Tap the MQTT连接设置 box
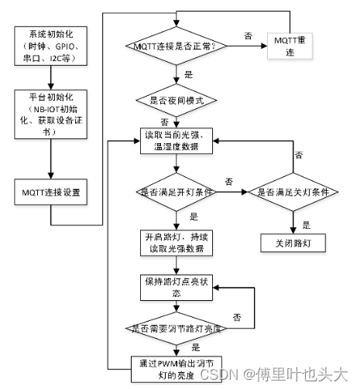coord(50,190)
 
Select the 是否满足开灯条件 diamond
coord(178,191)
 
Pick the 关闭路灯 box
coord(293,242)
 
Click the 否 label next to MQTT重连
coord(248,36)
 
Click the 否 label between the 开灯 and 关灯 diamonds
coord(228,181)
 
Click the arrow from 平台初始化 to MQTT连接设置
coord(50,158)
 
